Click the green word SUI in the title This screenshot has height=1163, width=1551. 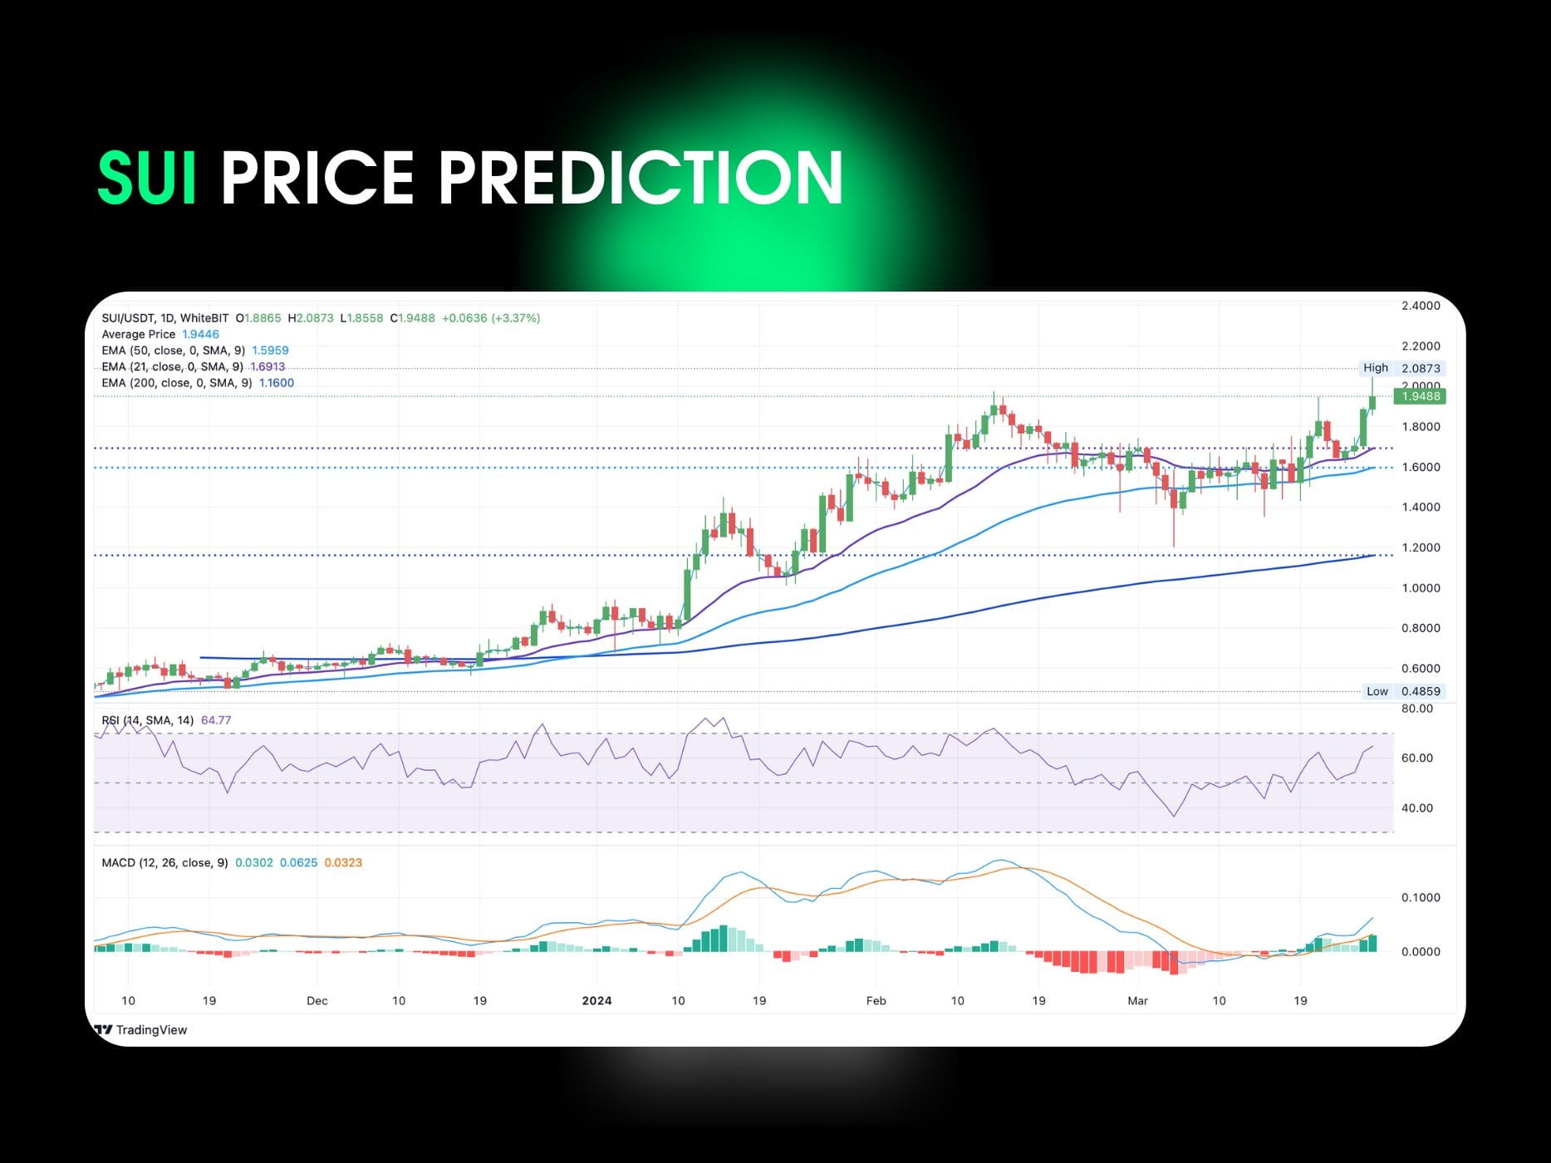point(147,177)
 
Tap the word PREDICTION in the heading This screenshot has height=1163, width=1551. point(641,177)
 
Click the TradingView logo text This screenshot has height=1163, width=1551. point(151,1030)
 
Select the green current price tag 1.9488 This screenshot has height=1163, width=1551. point(1421,396)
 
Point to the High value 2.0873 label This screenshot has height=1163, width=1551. point(1421,368)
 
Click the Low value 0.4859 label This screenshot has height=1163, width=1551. point(1421,691)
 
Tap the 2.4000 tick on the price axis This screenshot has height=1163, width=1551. point(1421,306)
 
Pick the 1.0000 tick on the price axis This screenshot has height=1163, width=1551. point(1421,587)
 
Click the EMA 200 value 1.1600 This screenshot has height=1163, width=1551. point(277,383)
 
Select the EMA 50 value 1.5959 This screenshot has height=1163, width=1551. point(270,351)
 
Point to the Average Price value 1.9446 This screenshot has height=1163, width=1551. point(200,334)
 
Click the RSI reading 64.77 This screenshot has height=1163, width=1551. point(216,720)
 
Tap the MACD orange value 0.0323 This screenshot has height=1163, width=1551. point(343,862)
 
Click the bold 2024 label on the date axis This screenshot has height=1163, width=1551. point(596,1000)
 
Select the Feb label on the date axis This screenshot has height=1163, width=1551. point(876,1000)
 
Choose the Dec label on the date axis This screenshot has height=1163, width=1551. point(317,1000)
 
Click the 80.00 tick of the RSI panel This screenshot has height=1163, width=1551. point(1417,709)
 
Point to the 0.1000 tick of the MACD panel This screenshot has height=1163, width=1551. point(1421,897)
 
